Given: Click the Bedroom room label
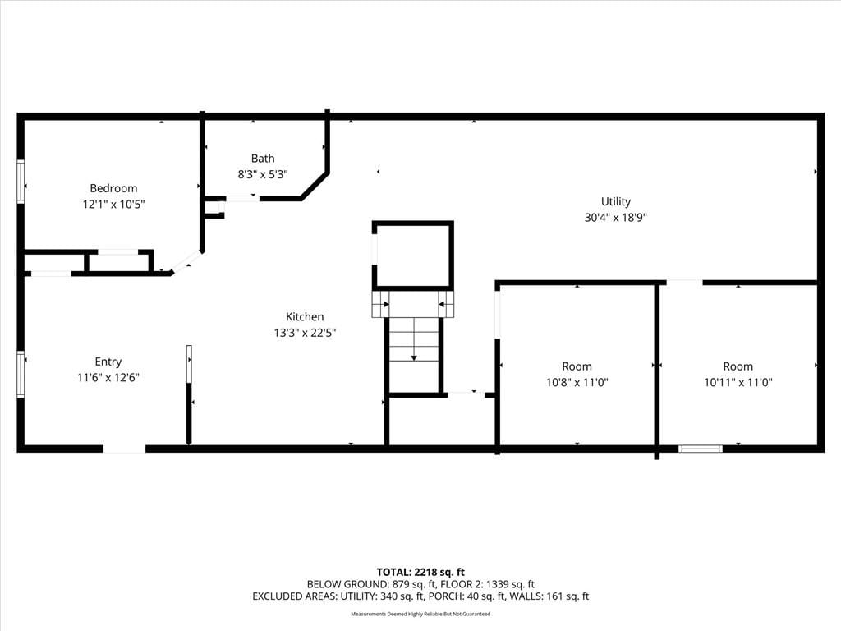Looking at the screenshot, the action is (113, 188).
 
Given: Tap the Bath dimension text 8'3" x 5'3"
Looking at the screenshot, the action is (263, 174).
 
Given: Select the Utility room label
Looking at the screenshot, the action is (616, 202).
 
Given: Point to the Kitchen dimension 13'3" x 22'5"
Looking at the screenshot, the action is (305, 333).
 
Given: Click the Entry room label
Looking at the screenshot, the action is (108, 362).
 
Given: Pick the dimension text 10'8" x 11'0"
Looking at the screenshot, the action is (577, 383).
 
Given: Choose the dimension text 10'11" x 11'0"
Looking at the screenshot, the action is (738, 383).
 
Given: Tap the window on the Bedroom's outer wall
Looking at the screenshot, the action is (21, 182).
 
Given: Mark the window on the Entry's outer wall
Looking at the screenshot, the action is (21, 374).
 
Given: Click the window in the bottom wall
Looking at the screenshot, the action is (700, 449).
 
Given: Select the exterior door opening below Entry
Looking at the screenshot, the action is (125, 449).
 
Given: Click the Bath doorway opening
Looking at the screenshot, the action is (242, 199).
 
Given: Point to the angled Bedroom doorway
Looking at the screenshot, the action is (186, 262).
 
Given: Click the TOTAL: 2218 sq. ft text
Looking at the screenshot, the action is (420, 573).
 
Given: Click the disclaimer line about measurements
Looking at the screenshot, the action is (420, 614).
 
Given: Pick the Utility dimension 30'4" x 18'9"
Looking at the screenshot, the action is (616, 218).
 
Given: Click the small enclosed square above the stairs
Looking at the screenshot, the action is (413, 256).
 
